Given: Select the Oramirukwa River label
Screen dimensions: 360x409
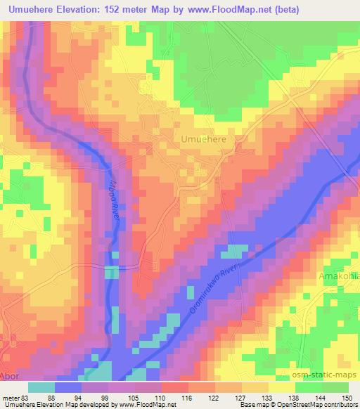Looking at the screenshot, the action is tap(215, 290).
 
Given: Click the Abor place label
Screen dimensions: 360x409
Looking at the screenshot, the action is tap(9, 377).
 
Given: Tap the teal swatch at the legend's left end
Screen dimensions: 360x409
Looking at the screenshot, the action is tap(41, 387).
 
